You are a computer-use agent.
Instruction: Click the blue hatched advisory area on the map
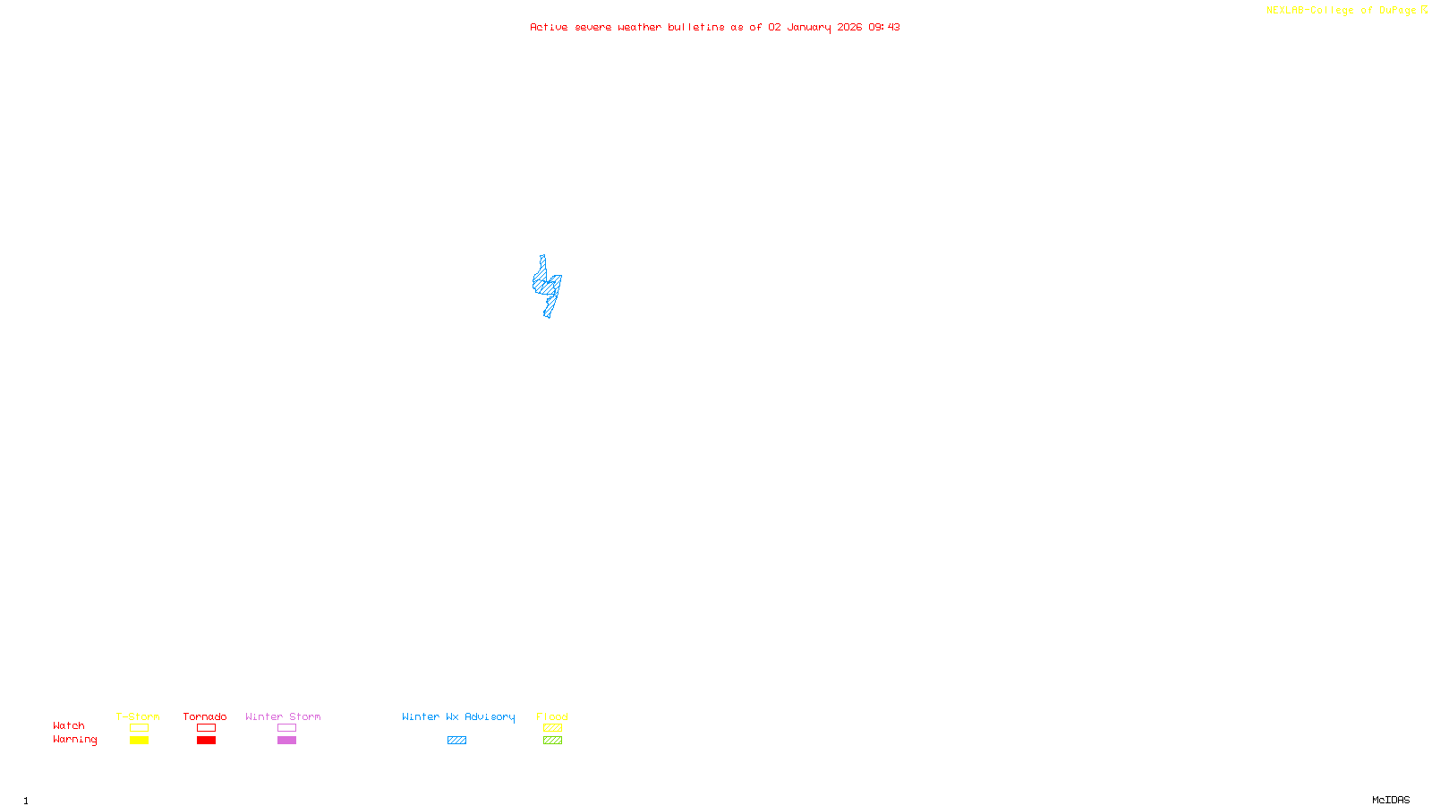pos(546,286)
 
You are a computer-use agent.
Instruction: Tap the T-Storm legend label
pos(138,716)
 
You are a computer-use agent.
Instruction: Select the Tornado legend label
pos(205,716)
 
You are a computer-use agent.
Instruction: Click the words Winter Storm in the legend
pos(283,716)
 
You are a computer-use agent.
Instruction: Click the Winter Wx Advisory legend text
pos(458,716)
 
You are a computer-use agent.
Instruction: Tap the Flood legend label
pos(552,716)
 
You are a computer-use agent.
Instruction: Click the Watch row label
pos(69,725)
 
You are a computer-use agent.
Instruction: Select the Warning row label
pos(74,740)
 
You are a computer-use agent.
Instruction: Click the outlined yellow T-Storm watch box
pos(139,728)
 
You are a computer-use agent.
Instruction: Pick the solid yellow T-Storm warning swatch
pos(139,741)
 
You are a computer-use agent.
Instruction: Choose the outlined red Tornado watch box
pos(206,728)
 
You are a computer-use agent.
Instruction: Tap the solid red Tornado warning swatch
pos(206,741)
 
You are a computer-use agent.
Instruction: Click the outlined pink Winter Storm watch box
pos(286,728)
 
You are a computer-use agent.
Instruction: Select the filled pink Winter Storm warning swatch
pos(286,741)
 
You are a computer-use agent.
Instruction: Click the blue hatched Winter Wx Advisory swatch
pos(456,741)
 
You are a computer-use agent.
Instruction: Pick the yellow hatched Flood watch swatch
pos(552,728)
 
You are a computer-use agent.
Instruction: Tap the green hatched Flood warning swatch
pos(552,741)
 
